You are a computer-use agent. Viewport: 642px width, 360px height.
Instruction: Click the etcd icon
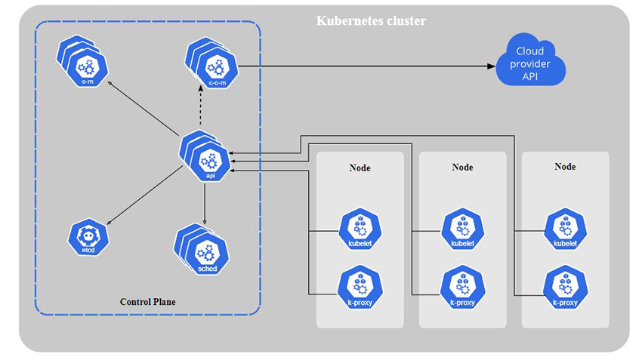point(88,237)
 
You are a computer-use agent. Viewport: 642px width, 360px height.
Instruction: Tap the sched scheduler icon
point(202,249)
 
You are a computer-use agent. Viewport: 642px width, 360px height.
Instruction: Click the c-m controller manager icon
point(82,61)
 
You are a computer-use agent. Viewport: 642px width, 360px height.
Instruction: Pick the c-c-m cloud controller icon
point(211,63)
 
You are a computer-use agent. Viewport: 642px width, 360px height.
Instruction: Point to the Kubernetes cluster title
point(371,21)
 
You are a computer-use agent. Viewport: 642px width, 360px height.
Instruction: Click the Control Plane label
point(148,302)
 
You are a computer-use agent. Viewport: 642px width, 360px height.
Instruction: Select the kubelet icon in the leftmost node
point(360,230)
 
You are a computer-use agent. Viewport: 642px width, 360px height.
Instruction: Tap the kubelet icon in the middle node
point(463,230)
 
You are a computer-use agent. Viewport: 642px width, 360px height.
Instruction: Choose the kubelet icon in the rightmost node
point(566,230)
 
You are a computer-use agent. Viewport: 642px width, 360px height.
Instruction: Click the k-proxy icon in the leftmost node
point(360,288)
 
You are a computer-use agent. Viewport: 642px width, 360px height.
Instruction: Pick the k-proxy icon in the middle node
point(463,288)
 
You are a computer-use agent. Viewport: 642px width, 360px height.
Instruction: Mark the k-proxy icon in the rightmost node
point(566,288)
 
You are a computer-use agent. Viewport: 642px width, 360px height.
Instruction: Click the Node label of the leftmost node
point(360,168)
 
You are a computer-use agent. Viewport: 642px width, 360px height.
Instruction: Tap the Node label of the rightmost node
point(565,167)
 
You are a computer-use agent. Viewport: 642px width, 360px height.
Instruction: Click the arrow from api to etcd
point(144,195)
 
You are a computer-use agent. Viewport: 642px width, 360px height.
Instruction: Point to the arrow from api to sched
point(205,204)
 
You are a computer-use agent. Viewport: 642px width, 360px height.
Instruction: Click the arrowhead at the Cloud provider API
point(492,66)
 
